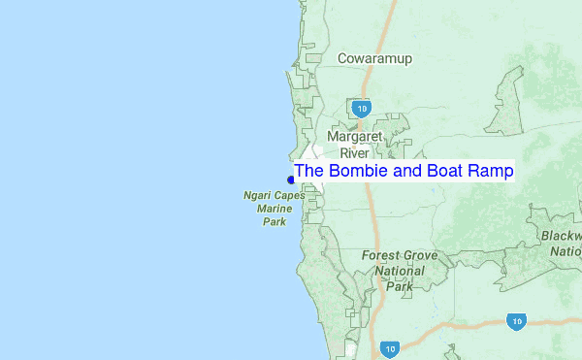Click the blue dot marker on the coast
point(291,180)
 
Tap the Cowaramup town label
point(374,59)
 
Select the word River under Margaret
point(355,152)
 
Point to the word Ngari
point(259,195)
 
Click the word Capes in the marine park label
point(290,195)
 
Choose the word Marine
point(275,209)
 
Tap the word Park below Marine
point(275,222)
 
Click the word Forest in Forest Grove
point(381,256)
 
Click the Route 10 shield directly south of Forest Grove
point(389,347)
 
